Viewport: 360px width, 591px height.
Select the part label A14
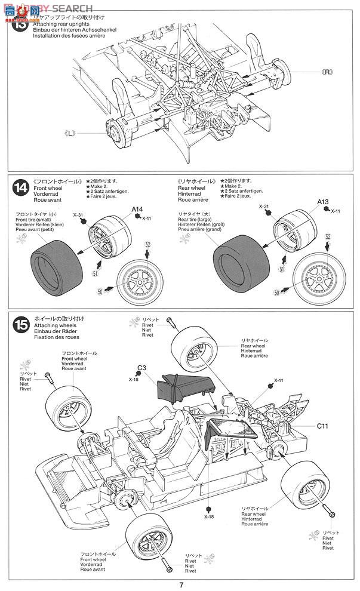138,210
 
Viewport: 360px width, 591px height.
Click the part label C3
141,368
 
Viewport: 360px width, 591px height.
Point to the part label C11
323,426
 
